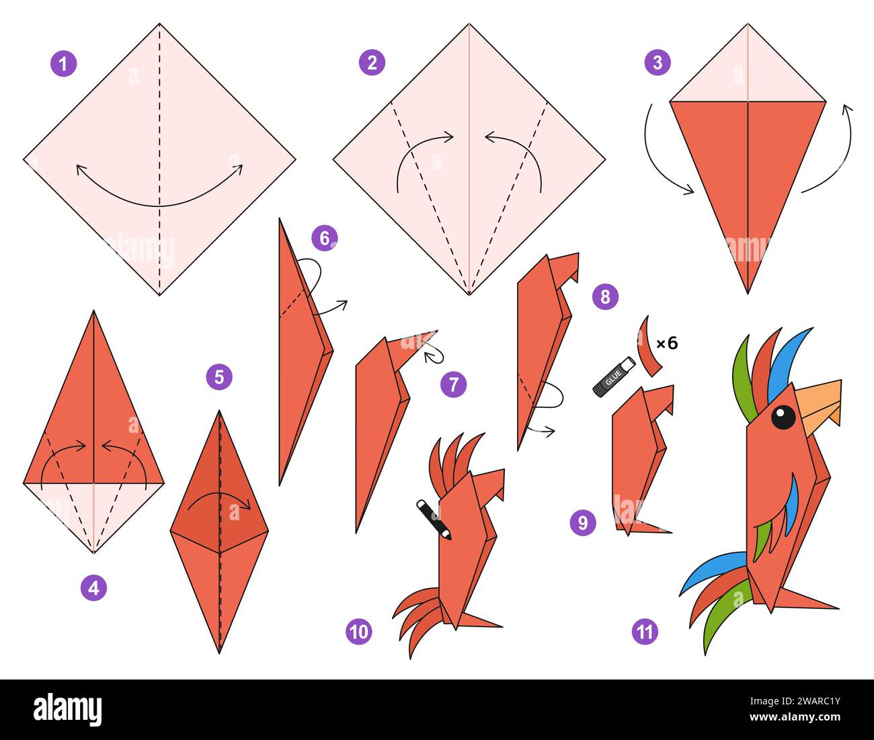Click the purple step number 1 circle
pos(63,65)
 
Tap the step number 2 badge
pos(372,63)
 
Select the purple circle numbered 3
pos(657,63)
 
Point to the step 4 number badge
pos(93,588)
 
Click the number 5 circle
pos(219,377)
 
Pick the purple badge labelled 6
pos(325,237)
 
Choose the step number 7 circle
pos(454,384)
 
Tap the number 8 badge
pos(605,296)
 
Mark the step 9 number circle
pos(583,522)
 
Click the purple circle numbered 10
pos(360,631)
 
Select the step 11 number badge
pos(645,631)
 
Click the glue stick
pos(612,376)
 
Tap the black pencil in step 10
pos(434,518)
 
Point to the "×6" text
pos(666,343)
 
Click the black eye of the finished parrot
pos(783,417)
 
